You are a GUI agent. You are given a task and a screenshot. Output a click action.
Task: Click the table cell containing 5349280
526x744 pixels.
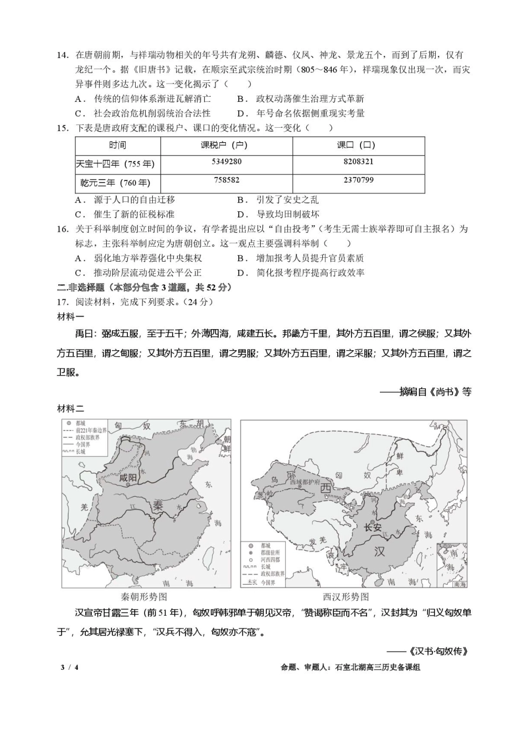(x=226, y=162)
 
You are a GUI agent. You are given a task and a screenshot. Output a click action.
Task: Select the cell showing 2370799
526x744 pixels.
(x=358, y=180)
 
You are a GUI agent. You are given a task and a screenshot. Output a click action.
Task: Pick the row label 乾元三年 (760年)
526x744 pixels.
(x=115, y=183)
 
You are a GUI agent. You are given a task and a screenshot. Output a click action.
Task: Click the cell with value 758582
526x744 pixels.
(x=226, y=180)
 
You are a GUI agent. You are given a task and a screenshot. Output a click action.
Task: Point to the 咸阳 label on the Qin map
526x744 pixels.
(x=128, y=477)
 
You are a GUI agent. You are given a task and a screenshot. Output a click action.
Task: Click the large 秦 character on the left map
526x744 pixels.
(x=158, y=505)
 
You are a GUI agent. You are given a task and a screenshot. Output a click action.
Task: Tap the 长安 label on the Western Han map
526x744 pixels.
(x=372, y=527)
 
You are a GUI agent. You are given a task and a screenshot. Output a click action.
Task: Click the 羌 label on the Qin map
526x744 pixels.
(x=84, y=507)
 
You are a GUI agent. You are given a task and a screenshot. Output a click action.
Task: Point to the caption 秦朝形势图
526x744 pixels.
(x=143, y=597)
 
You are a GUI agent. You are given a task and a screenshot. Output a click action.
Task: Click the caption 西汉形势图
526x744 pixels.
(x=345, y=597)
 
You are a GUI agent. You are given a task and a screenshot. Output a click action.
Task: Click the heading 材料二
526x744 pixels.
(x=70, y=408)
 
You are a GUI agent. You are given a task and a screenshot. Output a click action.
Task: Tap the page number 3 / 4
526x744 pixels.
(x=70, y=667)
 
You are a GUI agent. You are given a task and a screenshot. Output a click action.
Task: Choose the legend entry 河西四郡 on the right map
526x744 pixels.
(x=270, y=560)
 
